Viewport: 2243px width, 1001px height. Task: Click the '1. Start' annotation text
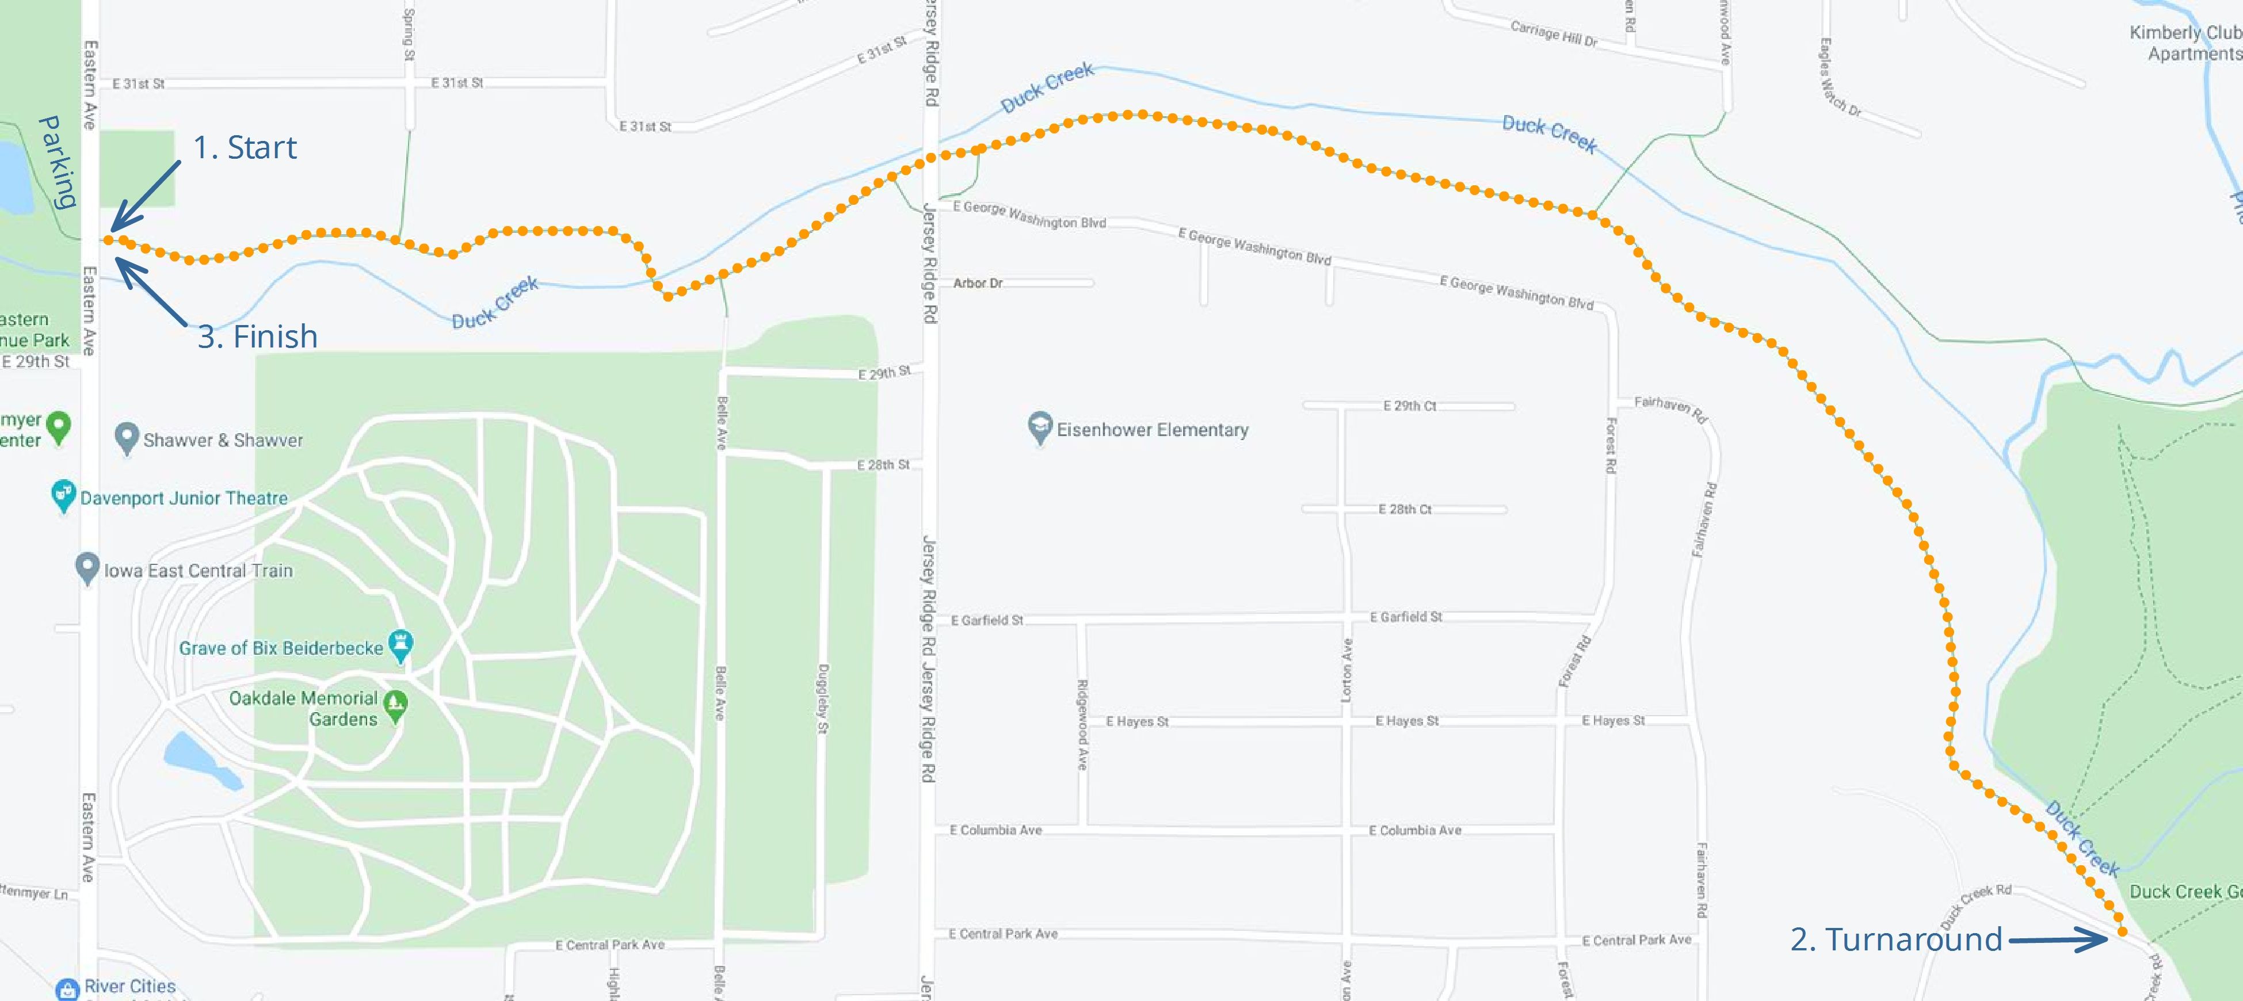point(244,148)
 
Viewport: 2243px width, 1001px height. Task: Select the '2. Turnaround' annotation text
point(1895,940)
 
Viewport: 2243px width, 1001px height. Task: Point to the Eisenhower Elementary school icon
point(1040,427)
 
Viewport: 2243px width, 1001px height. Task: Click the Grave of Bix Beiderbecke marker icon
point(400,645)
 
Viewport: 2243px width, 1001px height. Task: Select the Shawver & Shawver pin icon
point(127,438)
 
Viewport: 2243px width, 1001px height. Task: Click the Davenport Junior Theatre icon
point(63,495)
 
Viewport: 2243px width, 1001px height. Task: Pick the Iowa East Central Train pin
point(87,568)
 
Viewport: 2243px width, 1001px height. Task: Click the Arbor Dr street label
point(977,284)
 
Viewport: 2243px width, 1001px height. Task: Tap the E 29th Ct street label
point(1409,406)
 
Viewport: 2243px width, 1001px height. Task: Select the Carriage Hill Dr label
point(1554,34)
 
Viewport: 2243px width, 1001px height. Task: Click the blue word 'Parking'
point(58,162)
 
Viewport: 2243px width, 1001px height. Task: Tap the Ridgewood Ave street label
point(1082,724)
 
